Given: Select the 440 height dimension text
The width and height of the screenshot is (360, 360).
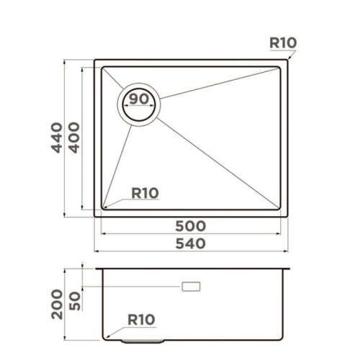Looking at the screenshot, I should (57, 139).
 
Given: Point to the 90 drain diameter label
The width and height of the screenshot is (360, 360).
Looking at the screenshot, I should (140, 99).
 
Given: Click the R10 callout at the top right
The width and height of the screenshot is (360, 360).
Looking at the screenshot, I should (282, 43).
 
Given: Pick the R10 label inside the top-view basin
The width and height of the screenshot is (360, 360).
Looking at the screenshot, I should (144, 192).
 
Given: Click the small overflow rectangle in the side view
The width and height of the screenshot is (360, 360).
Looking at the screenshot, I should (192, 287).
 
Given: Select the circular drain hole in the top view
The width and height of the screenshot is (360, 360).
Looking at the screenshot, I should (140, 104).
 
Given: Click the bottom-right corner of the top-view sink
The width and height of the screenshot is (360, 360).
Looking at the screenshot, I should (289, 216).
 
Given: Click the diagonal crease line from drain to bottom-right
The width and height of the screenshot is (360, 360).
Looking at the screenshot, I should (216, 162).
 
